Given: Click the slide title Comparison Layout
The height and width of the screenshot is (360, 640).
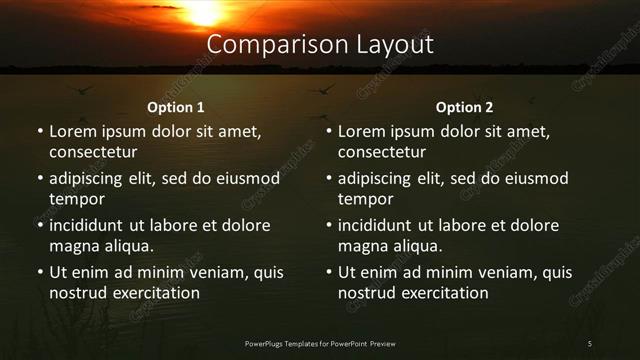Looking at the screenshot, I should (320, 45).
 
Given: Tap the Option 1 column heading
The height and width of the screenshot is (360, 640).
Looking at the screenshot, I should (176, 107).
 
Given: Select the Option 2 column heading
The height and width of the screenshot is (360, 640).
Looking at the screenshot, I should (465, 107).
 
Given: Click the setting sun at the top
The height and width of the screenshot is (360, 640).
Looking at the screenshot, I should (205, 10).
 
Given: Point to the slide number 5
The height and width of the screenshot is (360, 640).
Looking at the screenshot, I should (590, 344).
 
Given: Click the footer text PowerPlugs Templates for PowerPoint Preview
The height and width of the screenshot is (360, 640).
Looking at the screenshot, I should (320, 344).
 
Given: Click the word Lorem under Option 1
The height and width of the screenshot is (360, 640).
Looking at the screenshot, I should (72, 131).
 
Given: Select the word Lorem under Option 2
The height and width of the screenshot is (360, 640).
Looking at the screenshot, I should (361, 131).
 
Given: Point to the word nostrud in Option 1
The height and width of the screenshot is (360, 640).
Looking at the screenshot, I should (77, 293).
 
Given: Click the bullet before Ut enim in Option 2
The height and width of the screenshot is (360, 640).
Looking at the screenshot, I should (329, 272).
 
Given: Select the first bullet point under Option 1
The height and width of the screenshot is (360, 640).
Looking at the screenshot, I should (40, 131).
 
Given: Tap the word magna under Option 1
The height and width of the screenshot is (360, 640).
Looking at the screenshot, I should (72, 246).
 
